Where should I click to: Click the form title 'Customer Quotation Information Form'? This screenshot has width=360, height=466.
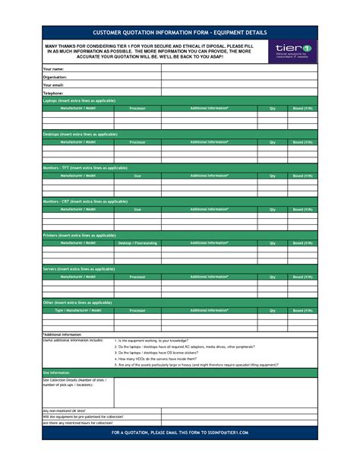[x=180, y=33]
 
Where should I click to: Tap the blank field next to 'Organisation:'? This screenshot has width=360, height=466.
[x=238, y=78]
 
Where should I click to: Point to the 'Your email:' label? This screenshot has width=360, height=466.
[x=54, y=85]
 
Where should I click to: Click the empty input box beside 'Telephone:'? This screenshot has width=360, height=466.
[x=238, y=93]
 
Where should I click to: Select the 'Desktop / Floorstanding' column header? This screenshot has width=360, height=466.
[x=137, y=243]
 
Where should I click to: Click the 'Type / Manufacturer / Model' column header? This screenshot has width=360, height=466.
[x=78, y=310]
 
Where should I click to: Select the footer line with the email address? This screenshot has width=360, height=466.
[x=180, y=432]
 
